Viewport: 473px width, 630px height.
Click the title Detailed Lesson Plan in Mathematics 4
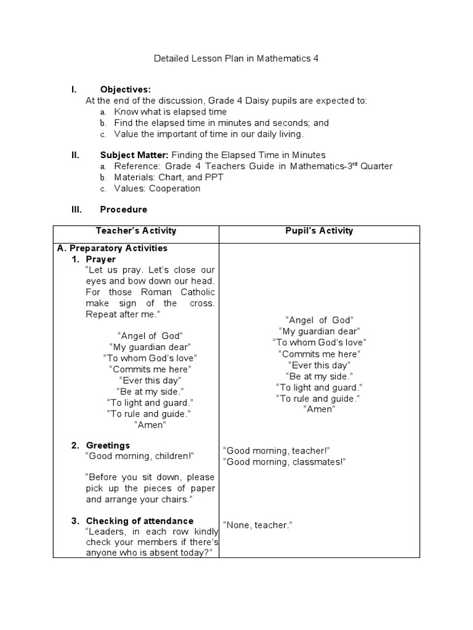(236, 58)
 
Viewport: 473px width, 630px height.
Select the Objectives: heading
(126, 90)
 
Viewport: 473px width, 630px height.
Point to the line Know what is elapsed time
(170, 112)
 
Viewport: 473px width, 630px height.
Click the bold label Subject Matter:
(134, 155)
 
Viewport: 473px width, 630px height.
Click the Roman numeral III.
(75, 209)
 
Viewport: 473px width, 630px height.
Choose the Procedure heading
(123, 209)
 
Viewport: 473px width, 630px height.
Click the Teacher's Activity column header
(136, 231)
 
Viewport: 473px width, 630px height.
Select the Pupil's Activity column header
(319, 231)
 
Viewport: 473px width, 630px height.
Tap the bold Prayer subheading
(100, 259)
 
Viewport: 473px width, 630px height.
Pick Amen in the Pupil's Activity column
(318, 409)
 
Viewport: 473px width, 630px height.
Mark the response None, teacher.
(257, 525)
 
